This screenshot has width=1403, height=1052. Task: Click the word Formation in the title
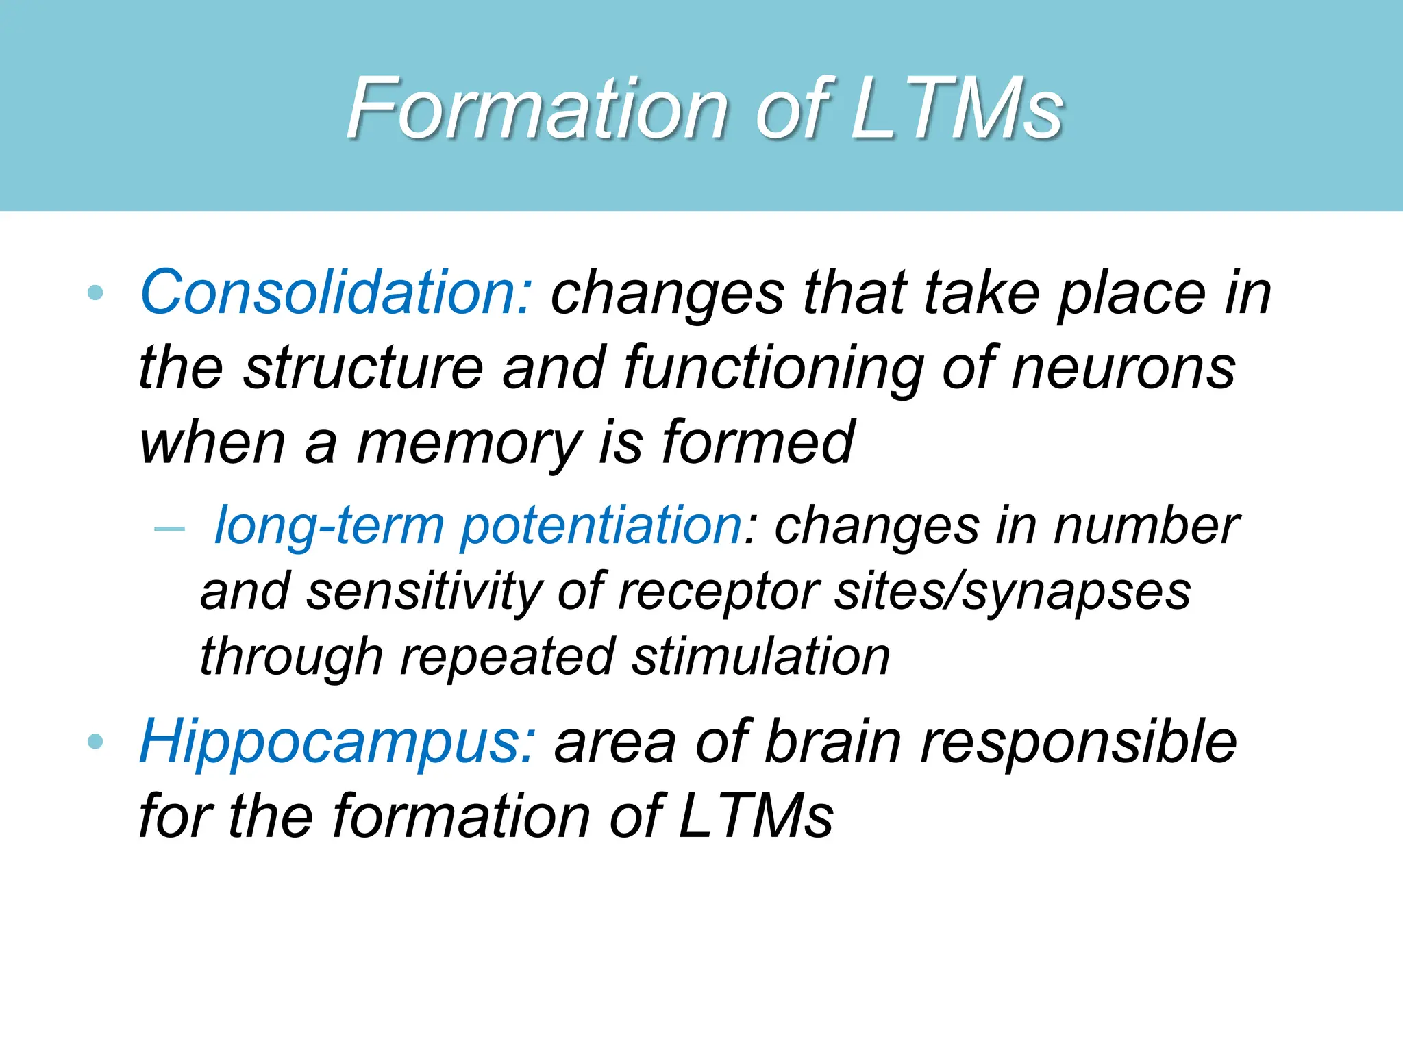tap(537, 110)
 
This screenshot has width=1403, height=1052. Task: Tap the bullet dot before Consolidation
tap(96, 293)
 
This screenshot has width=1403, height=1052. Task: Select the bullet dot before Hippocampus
tap(96, 741)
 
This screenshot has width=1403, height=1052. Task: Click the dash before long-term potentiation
tap(169, 529)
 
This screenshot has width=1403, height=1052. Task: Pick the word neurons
tap(1123, 368)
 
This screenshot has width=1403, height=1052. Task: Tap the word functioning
tap(773, 368)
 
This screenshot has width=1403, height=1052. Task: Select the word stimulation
tap(760, 657)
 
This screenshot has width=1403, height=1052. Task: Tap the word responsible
tap(1078, 742)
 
